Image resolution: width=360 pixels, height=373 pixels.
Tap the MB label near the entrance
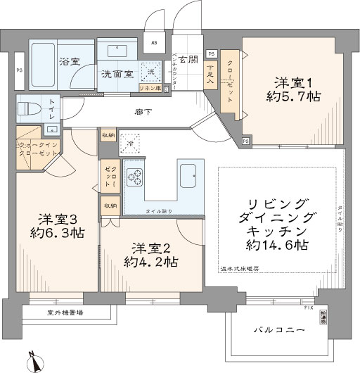pos(154,40)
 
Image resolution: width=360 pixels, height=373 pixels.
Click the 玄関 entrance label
pos(186,60)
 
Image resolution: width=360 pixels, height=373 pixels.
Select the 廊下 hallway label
pos(145,112)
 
